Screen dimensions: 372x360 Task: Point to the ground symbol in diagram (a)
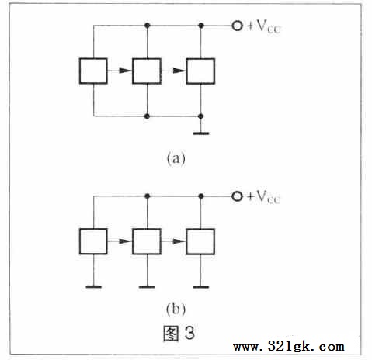201,133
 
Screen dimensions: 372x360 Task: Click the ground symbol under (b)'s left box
93,286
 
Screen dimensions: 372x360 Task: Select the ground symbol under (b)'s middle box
147,286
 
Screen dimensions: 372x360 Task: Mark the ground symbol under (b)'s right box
201,286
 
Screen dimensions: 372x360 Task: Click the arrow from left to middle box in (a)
120,71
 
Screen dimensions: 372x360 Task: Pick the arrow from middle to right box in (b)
174,241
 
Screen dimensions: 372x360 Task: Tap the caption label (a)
176,158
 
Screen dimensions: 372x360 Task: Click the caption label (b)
176,309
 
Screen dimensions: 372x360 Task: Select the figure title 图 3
179,333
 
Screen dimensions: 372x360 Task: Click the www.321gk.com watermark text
289,346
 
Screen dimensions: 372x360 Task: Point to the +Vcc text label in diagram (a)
264,26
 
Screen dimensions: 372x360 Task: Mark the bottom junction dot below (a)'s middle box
147,116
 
